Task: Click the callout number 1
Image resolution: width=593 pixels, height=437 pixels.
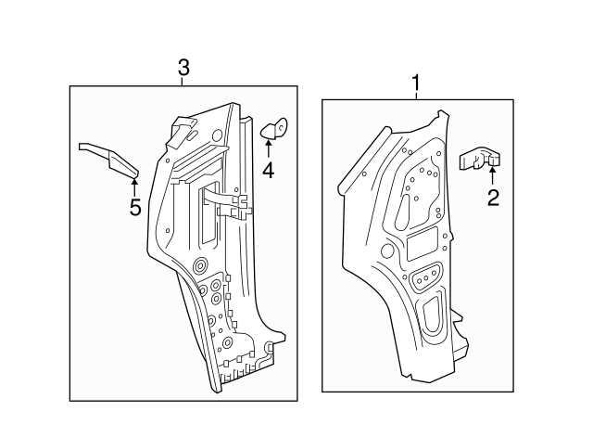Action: pyautogui.click(x=415, y=84)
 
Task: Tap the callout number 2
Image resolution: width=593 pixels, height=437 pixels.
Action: pyautogui.click(x=493, y=196)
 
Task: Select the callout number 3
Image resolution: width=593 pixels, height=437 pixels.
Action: pyautogui.click(x=183, y=68)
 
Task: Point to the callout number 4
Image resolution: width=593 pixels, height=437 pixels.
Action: pyautogui.click(x=268, y=170)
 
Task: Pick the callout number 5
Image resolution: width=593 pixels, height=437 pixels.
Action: pyautogui.click(x=135, y=207)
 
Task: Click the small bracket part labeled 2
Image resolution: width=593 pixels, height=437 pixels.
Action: pyautogui.click(x=480, y=160)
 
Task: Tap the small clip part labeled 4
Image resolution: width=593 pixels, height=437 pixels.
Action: pyautogui.click(x=276, y=130)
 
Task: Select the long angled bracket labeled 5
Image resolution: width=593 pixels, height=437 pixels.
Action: pyautogui.click(x=110, y=158)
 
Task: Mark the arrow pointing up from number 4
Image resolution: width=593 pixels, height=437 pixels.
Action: pyautogui.click(x=268, y=149)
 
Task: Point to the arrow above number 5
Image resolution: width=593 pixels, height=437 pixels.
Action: pyautogui.click(x=135, y=185)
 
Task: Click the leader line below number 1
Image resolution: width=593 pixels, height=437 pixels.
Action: pyautogui.click(x=415, y=96)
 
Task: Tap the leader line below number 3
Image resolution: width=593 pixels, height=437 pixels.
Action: pyautogui.click(x=183, y=82)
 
